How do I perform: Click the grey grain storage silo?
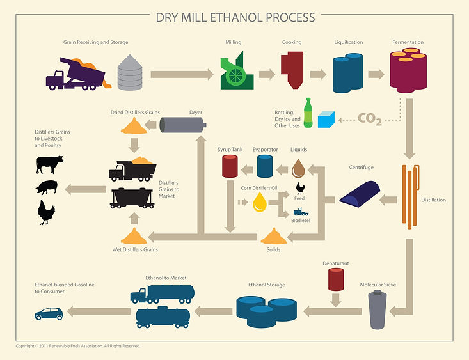(x=130, y=73)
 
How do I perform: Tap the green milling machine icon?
(x=237, y=71)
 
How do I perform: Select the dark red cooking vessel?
(x=292, y=70)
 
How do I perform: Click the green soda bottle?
(x=308, y=113)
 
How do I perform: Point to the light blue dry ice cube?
(x=326, y=120)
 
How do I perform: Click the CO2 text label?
(x=370, y=119)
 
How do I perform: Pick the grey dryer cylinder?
(x=183, y=125)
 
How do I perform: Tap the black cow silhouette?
(x=50, y=164)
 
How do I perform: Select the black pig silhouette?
(x=47, y=187)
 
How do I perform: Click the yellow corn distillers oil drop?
(x=260, y=202)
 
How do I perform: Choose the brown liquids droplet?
(x=298, y=168)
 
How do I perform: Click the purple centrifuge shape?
(x=360, y=194)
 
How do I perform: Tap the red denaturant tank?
(x=336, y=279)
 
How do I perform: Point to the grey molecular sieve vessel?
(x=378, y=309)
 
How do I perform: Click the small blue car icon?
(x=49, y=314)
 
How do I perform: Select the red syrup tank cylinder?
(x=230, y=166)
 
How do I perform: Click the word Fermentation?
(x=408, y=42)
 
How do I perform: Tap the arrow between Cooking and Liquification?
(x=318, y=74)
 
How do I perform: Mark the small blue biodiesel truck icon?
(x=301, y=212)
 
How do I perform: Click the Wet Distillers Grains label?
(x=135, y=249)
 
